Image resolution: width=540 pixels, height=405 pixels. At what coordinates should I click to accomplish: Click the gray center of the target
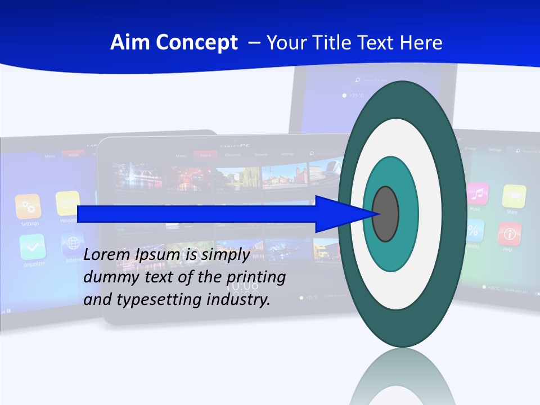(385, 214)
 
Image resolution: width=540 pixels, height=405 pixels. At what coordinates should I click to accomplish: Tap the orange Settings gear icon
(28, 206)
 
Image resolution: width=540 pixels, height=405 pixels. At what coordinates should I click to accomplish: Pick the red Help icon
(509, 233)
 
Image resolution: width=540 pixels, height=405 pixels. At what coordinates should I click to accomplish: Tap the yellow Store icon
(514, 196)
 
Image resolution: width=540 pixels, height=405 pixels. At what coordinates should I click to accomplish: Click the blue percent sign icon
(474, 230)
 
